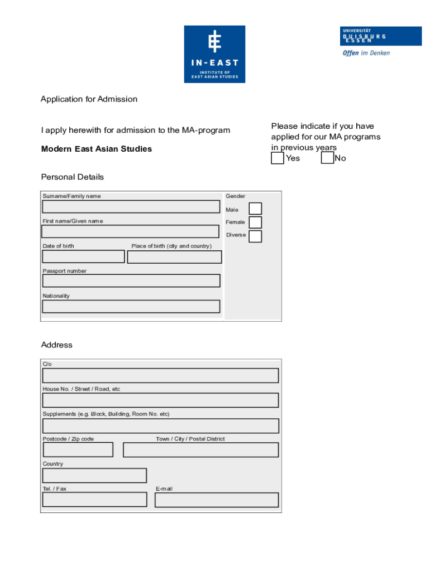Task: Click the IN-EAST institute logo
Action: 214,54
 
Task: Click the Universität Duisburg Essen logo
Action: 381,41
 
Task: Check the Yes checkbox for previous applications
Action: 278,158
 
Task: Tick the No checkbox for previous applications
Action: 327,158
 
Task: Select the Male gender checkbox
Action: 255,209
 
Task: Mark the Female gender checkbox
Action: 255,222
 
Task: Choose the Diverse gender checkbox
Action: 255,236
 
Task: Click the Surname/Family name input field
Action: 131,206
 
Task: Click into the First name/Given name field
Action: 131,231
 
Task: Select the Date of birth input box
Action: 84,257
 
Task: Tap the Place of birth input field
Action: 174,257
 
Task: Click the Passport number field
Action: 131,280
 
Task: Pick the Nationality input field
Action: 131,307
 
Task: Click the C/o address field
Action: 161,375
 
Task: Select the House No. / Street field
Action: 161,400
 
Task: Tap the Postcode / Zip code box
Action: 78,449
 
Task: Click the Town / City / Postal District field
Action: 200,449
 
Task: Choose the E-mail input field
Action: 217,500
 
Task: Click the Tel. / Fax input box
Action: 95,500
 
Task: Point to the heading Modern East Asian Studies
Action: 97,149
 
